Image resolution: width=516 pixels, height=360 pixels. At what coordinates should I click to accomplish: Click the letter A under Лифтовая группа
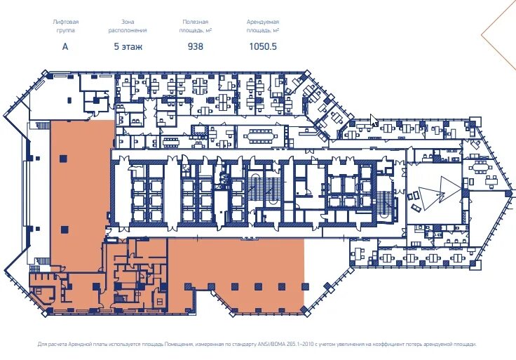[65, 47]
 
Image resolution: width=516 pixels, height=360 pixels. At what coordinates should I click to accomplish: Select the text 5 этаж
[128, 47]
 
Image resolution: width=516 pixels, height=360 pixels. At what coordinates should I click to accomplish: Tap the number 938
[196, 47]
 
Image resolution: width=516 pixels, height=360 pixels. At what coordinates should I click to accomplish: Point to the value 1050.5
[263, 47]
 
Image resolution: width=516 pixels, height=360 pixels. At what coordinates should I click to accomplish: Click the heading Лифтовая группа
[65, 26]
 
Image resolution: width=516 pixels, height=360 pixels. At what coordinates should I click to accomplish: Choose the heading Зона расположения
[128, 26]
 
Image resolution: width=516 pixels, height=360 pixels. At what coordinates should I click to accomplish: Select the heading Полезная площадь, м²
[196, 26]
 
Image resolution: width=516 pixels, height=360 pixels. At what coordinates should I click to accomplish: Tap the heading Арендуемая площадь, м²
[263, 26]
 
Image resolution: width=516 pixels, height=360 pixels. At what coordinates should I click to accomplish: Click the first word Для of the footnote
[42, 344]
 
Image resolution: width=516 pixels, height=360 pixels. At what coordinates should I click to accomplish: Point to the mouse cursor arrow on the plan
[373, 120]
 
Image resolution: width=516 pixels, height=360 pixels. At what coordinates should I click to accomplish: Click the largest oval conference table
[261, 135]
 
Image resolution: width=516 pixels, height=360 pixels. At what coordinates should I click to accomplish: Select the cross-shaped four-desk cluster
[199, 86]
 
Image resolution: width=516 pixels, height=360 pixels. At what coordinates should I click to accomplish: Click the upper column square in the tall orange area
[64, 159]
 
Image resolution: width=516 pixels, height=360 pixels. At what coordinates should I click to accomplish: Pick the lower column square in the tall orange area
[64, 229]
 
